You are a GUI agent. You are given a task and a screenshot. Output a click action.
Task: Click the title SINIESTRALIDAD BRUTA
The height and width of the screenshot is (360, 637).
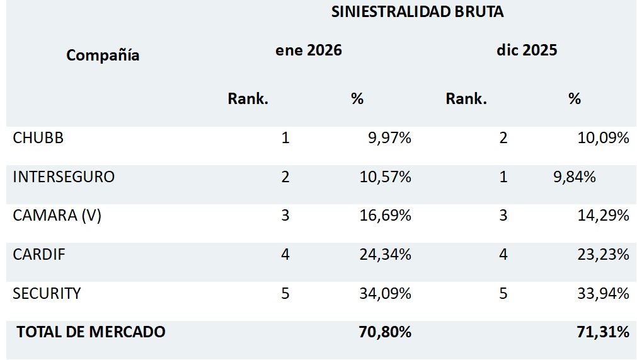click(417, 13)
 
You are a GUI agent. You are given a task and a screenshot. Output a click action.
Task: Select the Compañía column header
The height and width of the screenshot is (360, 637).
click(103, 55)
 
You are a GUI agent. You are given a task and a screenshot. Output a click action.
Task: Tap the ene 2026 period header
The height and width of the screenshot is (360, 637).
click(309, 50)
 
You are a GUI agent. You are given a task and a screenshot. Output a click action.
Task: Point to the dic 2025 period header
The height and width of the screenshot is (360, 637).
click(527, 50)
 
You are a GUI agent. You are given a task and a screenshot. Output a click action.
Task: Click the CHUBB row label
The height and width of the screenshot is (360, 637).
click(38, 138)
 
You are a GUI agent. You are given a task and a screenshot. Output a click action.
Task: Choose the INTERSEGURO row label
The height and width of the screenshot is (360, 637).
click(64, 177)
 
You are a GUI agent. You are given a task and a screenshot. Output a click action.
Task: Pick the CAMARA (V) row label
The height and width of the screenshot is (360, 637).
click(57, 216)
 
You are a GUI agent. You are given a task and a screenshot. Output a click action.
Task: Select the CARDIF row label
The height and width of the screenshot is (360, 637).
click(39, 255)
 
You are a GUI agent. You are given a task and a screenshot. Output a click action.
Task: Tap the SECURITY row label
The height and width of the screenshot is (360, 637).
click(47, 293)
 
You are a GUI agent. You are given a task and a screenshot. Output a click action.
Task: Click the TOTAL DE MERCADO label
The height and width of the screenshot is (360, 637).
click(91, 332)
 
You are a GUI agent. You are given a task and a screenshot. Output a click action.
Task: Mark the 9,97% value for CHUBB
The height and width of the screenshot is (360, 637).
click(389, 138)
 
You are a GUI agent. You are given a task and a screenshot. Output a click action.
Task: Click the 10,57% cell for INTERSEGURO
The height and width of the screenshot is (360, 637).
click(385, 177)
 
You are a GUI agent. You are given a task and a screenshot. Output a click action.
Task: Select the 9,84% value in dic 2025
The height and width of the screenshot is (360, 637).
click(574, 177)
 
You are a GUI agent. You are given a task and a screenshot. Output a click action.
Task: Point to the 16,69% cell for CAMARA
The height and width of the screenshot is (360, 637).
click(385, 216)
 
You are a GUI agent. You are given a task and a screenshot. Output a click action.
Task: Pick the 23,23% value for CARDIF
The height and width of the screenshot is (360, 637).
click(603, 255)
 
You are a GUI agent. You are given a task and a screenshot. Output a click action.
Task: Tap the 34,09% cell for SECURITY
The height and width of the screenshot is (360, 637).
click(385, 293)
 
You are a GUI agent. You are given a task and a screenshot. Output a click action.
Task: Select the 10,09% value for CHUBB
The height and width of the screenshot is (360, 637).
click(603, 138)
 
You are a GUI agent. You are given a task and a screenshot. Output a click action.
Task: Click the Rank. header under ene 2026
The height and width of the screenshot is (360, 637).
click(248, 99)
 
